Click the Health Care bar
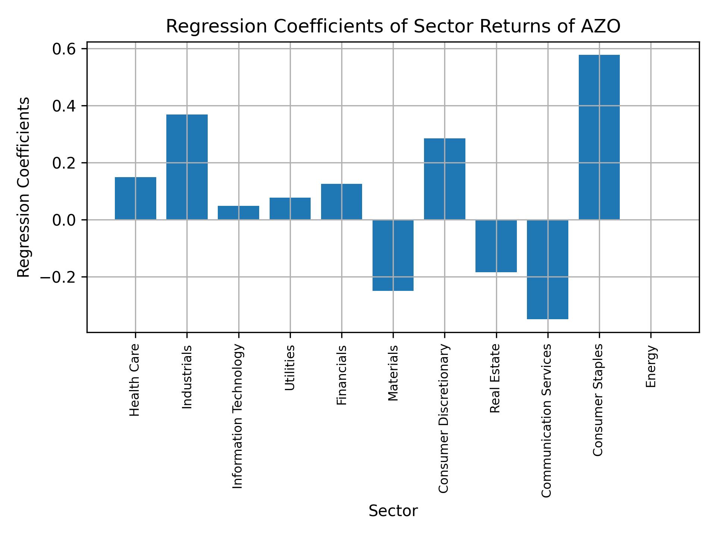(135, 198)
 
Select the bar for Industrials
(187, 167)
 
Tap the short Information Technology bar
(238, 213)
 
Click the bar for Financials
(342, 202)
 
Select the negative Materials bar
(393, 255)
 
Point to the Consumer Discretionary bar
(445, 179)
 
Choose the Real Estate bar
(496, 246)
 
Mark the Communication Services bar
(547, 269)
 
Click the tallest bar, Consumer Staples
(599, 137)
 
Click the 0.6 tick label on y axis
(64, 49)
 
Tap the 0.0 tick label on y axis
(64, 220)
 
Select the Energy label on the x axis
(651, 366)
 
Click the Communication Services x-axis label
(546, 420)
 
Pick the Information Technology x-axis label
(238, 416)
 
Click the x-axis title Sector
(393, 511)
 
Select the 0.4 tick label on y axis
(64, 106)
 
